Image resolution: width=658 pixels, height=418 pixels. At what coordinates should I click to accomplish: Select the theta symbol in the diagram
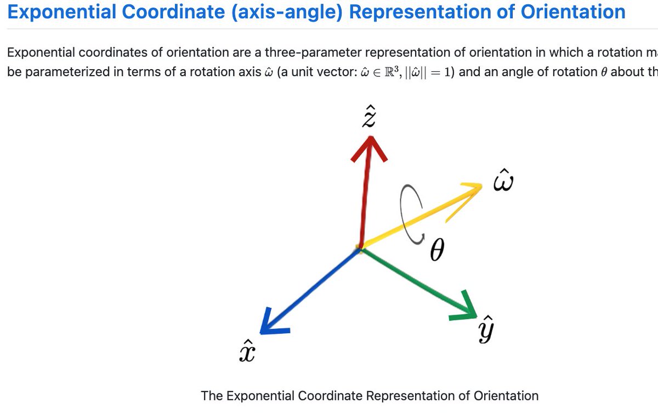coord(436,252)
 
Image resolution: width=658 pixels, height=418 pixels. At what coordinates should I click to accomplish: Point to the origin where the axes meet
coord(360,250)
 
